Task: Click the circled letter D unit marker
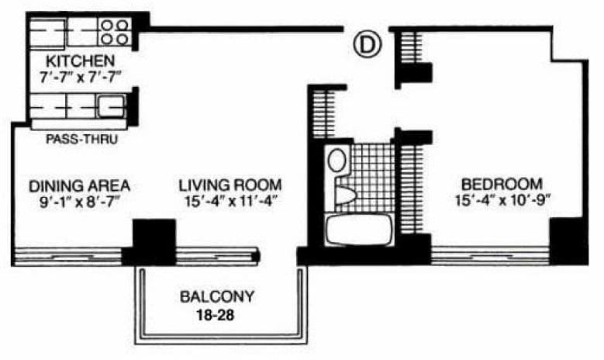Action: pos(367,44)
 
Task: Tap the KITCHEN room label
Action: pos(80,61)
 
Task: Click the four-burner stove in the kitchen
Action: pos(115,33)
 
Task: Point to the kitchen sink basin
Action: pos(112,106)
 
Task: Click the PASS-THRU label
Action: pos(81,139)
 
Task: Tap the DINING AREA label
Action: pos(79,186)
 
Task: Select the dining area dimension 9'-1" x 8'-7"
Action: pos(79,202)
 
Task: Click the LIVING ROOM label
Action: pos(230,185)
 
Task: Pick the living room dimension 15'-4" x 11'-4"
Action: pos(231,201)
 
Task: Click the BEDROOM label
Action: pos(502,184)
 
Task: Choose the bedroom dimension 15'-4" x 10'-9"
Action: pos(502,200)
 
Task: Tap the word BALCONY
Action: pos(217,296)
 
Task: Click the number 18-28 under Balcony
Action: pos(216,315)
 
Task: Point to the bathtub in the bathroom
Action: pos(358,230)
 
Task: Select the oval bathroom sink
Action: pos(337,161)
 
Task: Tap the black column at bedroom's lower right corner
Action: pos(568,241)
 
